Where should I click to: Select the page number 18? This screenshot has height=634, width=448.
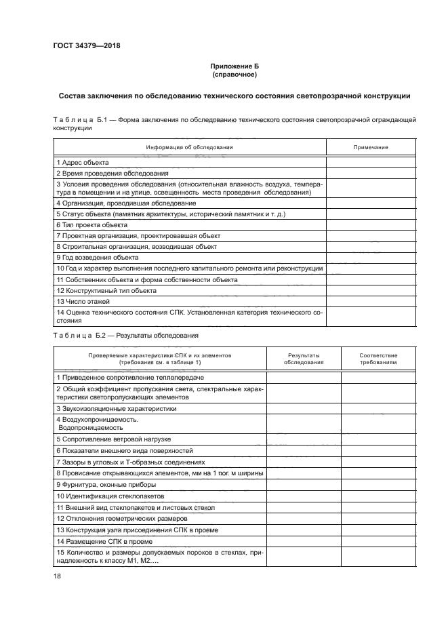point(57,576)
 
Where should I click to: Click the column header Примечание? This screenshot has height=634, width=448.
point(371,147)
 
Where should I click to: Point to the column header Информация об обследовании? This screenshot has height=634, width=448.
point(190,147)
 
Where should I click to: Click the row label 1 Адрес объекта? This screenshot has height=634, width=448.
point(82,162)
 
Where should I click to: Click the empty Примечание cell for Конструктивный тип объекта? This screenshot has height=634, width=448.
point(371,290)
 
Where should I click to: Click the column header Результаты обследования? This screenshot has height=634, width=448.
point(303,359)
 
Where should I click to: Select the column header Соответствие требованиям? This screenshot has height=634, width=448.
point(378,359)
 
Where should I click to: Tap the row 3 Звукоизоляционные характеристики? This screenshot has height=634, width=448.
point(116,409)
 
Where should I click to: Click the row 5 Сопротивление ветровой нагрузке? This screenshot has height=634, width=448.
point(113,439)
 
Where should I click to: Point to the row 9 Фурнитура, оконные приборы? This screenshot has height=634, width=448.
point(106,485)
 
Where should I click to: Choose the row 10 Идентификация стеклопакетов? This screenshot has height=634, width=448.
point(109,496)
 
